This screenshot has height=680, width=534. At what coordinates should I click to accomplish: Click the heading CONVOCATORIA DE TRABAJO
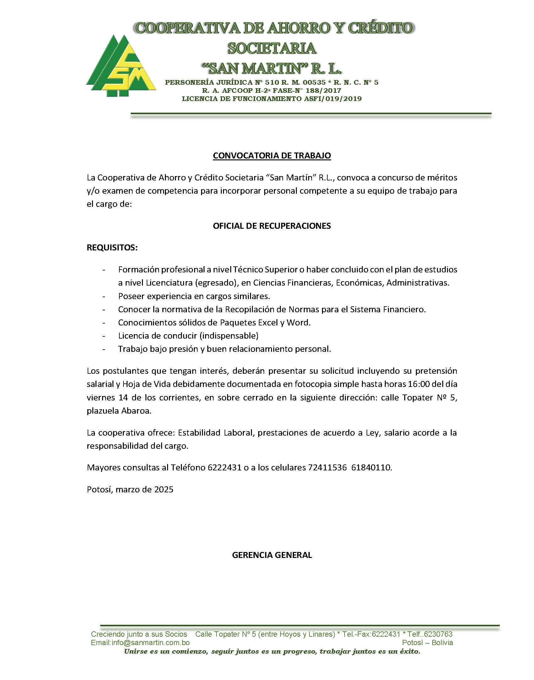pos(272,156)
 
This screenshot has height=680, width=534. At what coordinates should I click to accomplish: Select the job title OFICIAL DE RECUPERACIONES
pos(272,226)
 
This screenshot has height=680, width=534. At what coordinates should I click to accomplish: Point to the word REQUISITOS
pos(112,248)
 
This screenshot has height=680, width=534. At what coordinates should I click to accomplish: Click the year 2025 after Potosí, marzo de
pos(164,490)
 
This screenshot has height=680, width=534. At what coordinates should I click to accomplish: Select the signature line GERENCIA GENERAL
pos(272,555)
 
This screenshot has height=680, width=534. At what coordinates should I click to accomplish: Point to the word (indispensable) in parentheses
pos(229,336)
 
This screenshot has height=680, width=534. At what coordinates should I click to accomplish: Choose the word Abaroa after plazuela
pos(136,411)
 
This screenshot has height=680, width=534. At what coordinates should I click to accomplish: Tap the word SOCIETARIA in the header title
pos(272,48)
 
